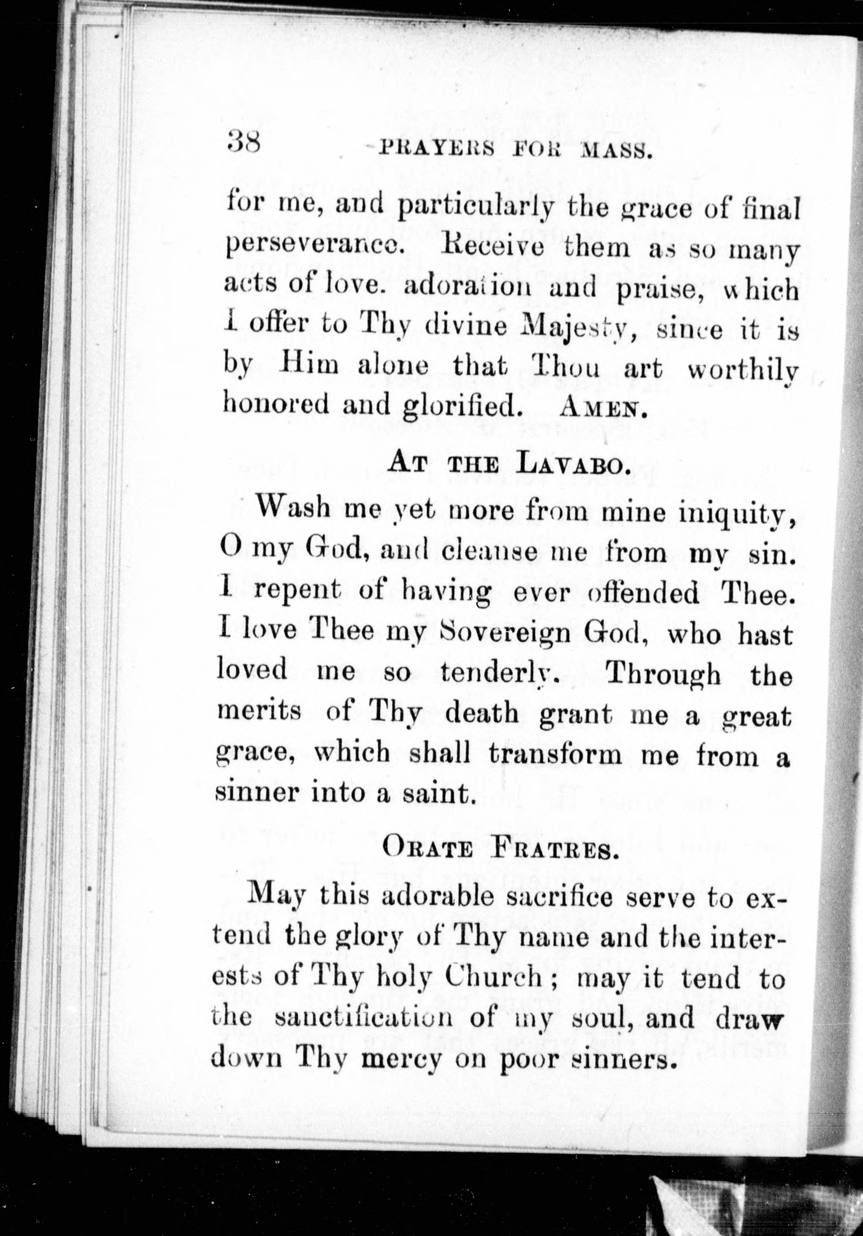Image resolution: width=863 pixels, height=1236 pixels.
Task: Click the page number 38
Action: click(x=243, y=144)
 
